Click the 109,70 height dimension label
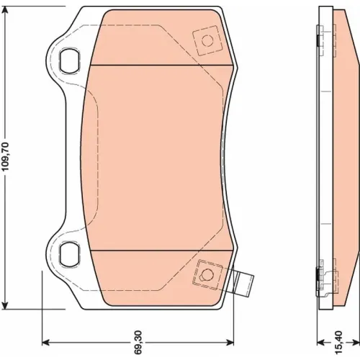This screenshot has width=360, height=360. pos(5,157)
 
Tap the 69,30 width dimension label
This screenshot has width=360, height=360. pos(138,343)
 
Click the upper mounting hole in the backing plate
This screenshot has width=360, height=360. pos(70,60)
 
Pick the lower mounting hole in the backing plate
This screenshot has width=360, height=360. pos(70,255)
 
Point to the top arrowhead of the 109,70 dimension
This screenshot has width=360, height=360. pos(5,10)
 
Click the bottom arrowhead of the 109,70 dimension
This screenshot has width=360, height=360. pos(5,305)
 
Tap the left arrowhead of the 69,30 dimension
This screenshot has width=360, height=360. pos(45,343)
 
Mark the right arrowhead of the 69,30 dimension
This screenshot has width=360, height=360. pos(230,343)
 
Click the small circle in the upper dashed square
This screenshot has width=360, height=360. pos(207,40)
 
